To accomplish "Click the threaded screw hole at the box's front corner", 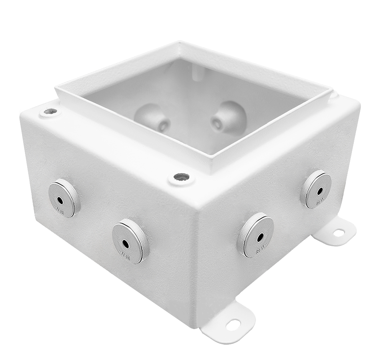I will click(x=180, y=178).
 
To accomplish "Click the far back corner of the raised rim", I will click(x=180, y=42).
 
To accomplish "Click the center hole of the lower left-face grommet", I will click(x=125, y=243).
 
